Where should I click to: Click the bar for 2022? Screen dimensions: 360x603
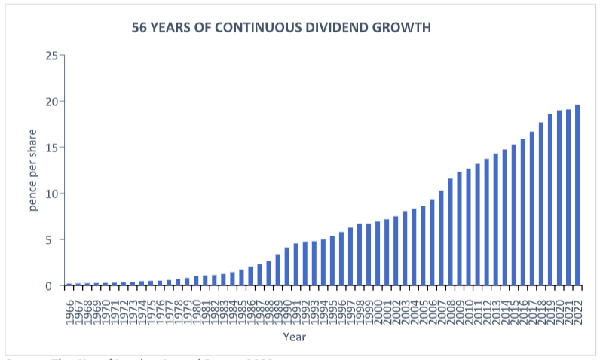(577, 196)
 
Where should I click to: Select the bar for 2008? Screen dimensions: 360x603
(450, 233)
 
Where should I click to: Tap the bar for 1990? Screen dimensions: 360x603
(286, 267)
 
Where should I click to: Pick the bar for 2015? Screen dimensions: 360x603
(514, 215)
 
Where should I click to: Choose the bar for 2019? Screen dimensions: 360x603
(550, 200)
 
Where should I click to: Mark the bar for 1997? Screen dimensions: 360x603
(350, 257)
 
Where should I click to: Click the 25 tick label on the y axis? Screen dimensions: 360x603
(51, 56)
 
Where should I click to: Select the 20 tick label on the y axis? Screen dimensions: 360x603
(51, 102)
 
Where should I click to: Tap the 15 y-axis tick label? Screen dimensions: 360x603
(51, 148)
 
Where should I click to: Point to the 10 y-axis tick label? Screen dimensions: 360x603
(51, 194)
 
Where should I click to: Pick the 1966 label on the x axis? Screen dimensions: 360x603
(69, 310)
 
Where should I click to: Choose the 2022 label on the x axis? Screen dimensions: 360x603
(577, 310)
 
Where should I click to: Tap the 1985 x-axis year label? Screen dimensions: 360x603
(241, 310)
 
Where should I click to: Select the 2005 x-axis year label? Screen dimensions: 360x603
(423, 310)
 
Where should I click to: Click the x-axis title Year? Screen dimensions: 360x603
(294, 337)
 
